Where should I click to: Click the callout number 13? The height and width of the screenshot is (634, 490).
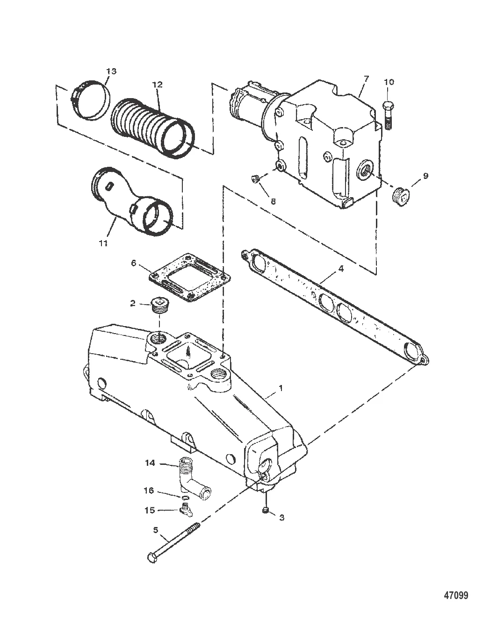tap(111, 71)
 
